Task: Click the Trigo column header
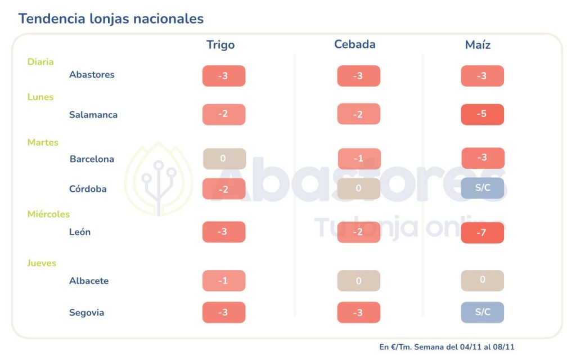(220, 45)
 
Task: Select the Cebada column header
(354, 44)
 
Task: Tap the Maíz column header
(478, 45)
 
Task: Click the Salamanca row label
(93, 115)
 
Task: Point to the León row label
(80, 232)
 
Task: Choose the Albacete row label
(89, 281)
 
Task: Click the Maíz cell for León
(482, 232)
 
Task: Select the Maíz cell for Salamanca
(482, 114)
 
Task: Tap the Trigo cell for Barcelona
(224, 159)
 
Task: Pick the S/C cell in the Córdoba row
(482, 188)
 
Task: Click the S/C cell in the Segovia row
(482, 312)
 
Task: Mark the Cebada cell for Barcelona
(359, 159)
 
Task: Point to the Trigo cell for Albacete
(224, 281)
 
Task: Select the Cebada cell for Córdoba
(359, 188)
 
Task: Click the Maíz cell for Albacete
(482, 280)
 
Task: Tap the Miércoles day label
(48, 214)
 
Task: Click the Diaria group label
(40, 62)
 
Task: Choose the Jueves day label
(42, 263)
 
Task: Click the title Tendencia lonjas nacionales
(111, 19)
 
